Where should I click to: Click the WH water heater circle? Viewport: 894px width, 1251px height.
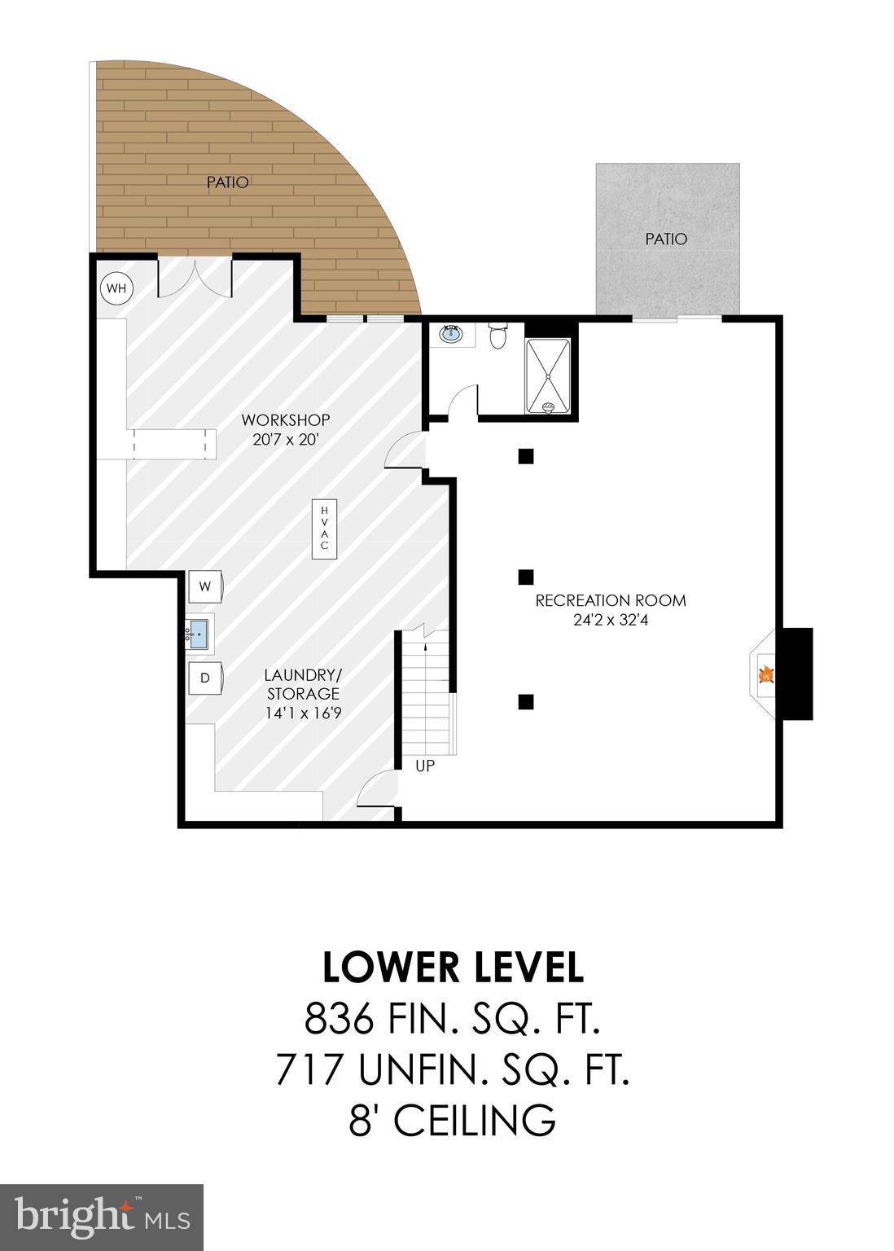click(x=116, y=288)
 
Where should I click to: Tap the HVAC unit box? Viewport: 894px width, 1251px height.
click(x=324, y=528)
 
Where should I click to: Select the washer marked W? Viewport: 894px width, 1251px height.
click(x=205, y=586)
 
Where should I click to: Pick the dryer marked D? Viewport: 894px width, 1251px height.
click(x=205, y=678)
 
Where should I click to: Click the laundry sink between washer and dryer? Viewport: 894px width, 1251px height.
click(x=198, y=633)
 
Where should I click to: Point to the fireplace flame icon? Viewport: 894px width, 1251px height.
click(x=765, y=674)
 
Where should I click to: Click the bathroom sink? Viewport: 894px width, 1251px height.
click(x=450, y=334)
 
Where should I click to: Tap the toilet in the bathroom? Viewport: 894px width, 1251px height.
click(x=498, y=336)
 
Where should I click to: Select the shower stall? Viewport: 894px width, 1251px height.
click(x=548, y=374)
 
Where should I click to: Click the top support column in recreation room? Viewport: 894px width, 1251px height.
click(x=526, y=456)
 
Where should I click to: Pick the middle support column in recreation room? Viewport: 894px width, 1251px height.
click(x=526, y=577)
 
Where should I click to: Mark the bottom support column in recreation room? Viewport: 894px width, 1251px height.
click(x=526, y=701)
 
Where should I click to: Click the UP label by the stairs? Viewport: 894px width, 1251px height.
click(x=425, y=766)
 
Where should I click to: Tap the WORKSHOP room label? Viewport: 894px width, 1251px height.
click(x=285, y=420)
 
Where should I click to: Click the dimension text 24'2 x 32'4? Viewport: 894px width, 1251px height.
click(x=611, y=620)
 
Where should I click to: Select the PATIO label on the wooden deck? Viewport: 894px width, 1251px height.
click(x=227, y=182)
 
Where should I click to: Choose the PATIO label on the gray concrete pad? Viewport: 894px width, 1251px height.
click(x=666, y=239)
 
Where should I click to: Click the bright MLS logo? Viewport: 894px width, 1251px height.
click(x=102, y=1217)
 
